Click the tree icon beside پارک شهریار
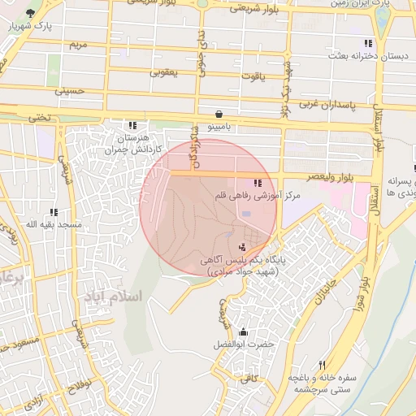point(31,14)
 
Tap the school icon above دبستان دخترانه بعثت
point(368,43)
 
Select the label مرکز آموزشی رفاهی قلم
point(258,196)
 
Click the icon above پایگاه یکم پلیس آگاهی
point(241,246)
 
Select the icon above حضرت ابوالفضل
point(243,332)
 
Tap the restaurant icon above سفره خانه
point(323,366)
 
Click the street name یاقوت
point(252,76)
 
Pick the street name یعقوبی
point(163,72)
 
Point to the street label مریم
point(77,43)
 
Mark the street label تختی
point(40,117)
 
